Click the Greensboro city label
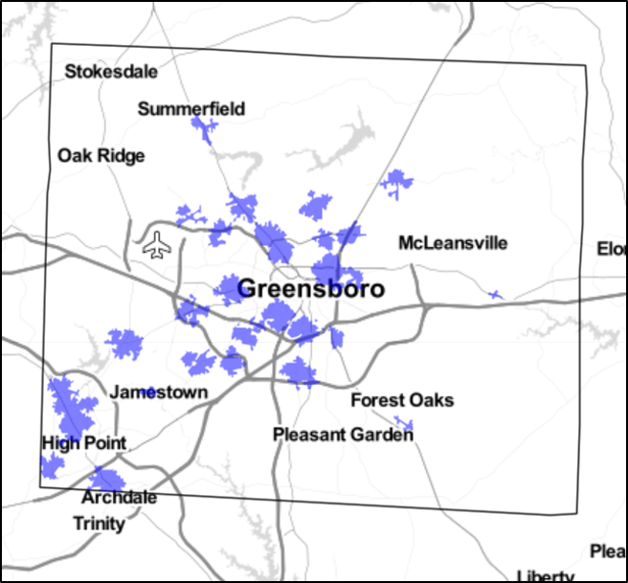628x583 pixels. click(x=310, y=289)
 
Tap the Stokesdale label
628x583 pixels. click(x=111, y=72)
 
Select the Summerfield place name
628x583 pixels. click(x=191, y=109)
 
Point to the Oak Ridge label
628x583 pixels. click(x=101, y=155)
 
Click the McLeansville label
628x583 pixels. click(x=453, y=243)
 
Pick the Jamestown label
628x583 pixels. click(x=159, y=392)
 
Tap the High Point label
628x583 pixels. click(x=84, y=443)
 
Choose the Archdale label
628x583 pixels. click(x=120, y=498)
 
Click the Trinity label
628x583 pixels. click(x=100, y=524)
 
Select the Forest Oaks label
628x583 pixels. click(x=402, y=400)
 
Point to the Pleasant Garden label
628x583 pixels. click(x=343, y=435)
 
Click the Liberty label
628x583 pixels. click(x=545, y=575)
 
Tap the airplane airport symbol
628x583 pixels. click(x=156, y=245)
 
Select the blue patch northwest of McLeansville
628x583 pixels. click(x=395, y=181)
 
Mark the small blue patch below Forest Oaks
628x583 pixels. click(x=404, y=423)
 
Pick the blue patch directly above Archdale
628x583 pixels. click(x=105, y=479)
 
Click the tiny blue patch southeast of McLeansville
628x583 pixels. click(x=494, y=295)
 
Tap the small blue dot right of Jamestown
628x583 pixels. click(x=148, y=392)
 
